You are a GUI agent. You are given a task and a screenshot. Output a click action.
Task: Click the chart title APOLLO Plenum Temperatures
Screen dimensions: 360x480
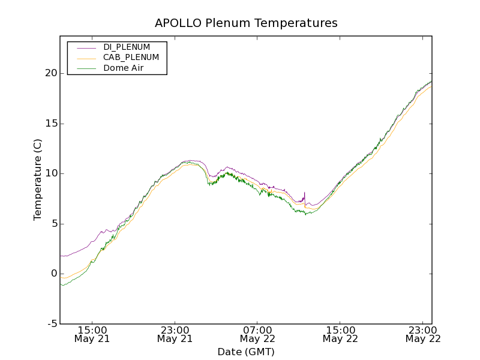pos(246,23)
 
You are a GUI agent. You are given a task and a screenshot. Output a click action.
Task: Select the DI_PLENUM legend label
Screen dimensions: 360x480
pos(127,47)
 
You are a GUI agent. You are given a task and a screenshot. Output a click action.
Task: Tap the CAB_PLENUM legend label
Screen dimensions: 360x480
pos(131,58)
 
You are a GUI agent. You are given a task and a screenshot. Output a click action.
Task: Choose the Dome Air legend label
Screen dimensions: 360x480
pos(124,68)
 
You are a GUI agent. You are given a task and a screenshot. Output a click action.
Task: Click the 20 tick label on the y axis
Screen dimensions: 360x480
pos(50,73)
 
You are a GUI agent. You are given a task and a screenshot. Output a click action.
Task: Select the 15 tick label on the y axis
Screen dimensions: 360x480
pos(50,124)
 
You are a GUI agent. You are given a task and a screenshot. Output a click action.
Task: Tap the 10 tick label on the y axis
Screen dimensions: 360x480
pos(50,173)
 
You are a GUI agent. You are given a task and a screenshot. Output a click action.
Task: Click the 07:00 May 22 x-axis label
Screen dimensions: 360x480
pos(257,334)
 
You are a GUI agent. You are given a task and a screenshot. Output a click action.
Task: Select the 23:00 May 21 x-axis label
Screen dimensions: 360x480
pos(175,334)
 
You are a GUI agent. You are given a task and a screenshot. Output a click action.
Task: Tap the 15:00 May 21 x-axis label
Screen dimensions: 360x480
pos(92,334)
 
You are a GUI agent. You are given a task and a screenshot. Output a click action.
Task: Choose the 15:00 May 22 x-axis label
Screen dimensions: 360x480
pos(340,334)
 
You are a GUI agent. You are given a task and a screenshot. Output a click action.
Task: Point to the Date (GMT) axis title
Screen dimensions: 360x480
pos(246,352)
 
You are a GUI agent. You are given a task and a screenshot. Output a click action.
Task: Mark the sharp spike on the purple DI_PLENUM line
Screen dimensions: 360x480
pos(305,193)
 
